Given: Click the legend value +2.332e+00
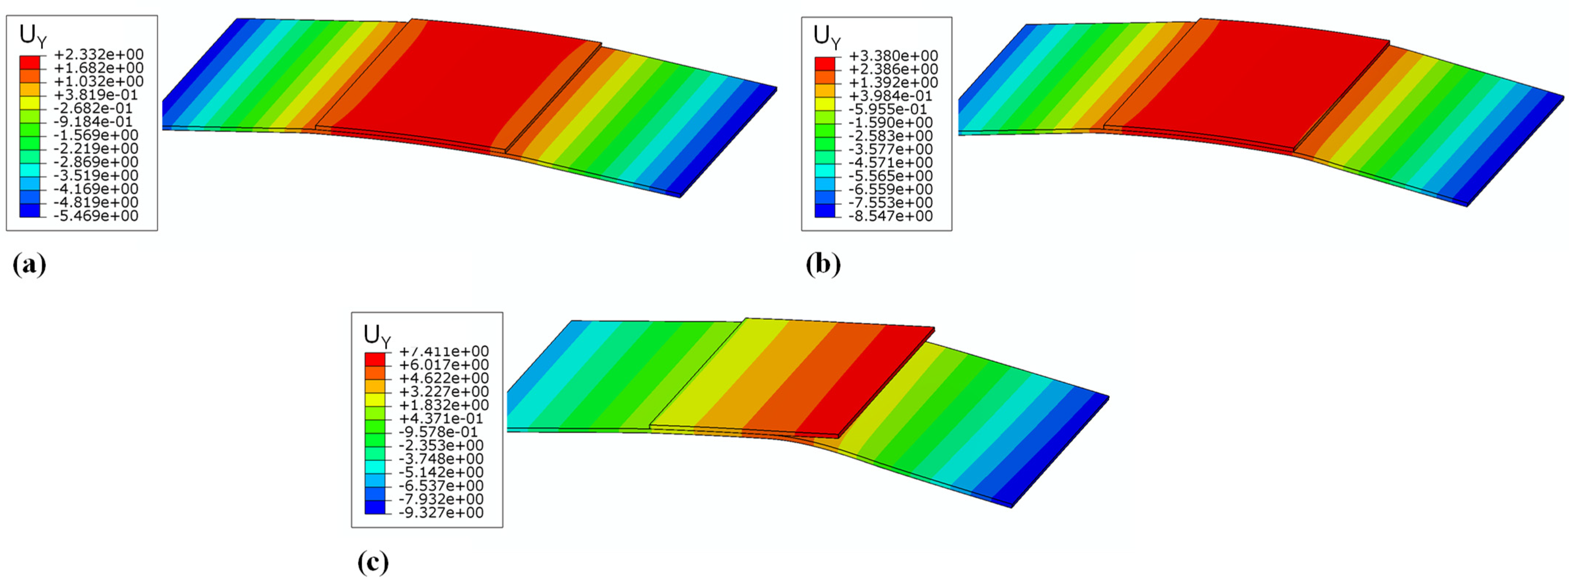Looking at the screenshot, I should (x=99, y=55).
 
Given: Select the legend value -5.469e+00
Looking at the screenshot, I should (x=96, y=216).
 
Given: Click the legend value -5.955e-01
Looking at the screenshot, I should (x=888, y=109).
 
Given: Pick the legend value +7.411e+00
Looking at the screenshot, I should (x=444, y=352).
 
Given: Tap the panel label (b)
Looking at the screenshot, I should (x=823, y=265).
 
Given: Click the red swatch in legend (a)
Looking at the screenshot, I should (x=30, y=62).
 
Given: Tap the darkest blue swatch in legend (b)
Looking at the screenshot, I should (x=825, y=210).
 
